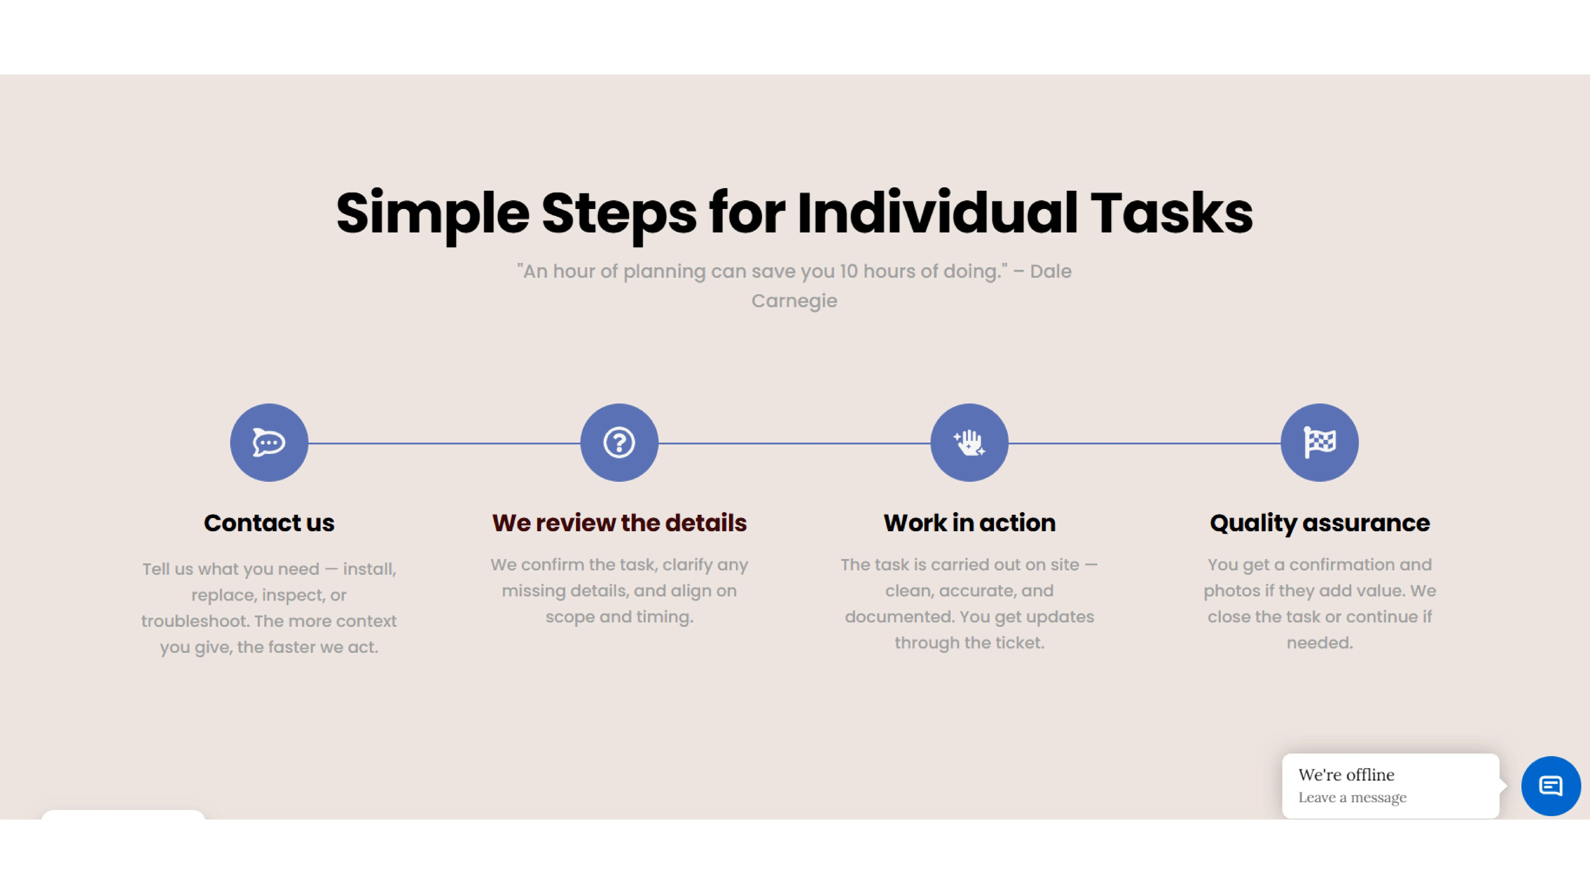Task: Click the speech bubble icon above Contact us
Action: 269,442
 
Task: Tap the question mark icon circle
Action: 619,442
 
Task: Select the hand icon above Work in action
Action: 969,442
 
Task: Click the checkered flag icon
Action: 1320,442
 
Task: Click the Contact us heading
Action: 269,522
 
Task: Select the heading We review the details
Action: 619,522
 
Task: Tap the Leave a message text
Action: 1352,798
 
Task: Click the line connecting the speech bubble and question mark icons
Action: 444,443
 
